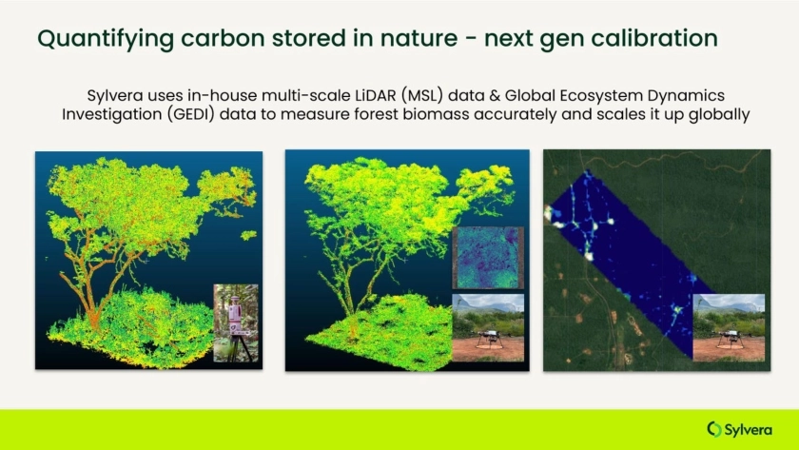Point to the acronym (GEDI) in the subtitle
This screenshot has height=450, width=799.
[191, 114]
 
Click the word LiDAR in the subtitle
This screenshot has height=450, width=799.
[375, 96]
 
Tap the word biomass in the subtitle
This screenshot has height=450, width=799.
[437, 114]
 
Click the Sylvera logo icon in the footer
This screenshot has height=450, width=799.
[714, 429]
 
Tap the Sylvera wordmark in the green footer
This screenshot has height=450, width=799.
[748, 430]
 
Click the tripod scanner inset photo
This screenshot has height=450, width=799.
[236, 323]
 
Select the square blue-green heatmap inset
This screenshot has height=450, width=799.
[488, 258]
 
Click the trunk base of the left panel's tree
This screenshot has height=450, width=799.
[94, 321]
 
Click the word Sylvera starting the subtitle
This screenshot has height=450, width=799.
[115, 96]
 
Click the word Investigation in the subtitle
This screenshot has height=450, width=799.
[111, 114]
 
